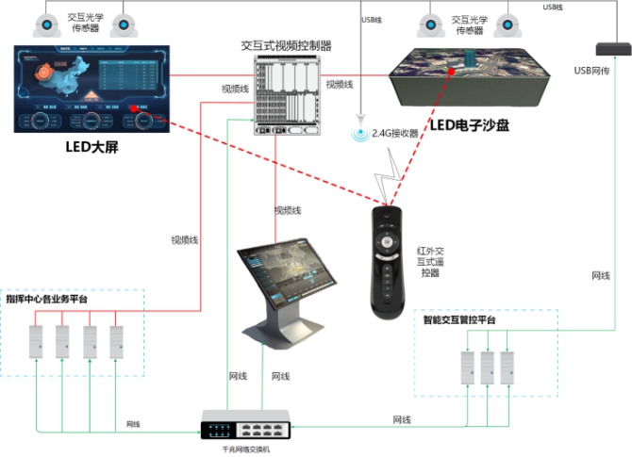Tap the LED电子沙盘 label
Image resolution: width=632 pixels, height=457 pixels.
(469, 124)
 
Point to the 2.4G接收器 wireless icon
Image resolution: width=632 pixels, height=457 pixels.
(358, 133)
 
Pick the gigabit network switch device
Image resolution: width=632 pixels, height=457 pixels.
(248, 425)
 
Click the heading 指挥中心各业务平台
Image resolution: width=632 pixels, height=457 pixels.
(47, 299)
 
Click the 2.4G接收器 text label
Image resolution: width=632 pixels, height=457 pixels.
(394, 133)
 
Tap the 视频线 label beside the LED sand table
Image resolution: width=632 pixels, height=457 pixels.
(339, 85)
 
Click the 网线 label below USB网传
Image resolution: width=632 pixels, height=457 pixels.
(601, 275)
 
